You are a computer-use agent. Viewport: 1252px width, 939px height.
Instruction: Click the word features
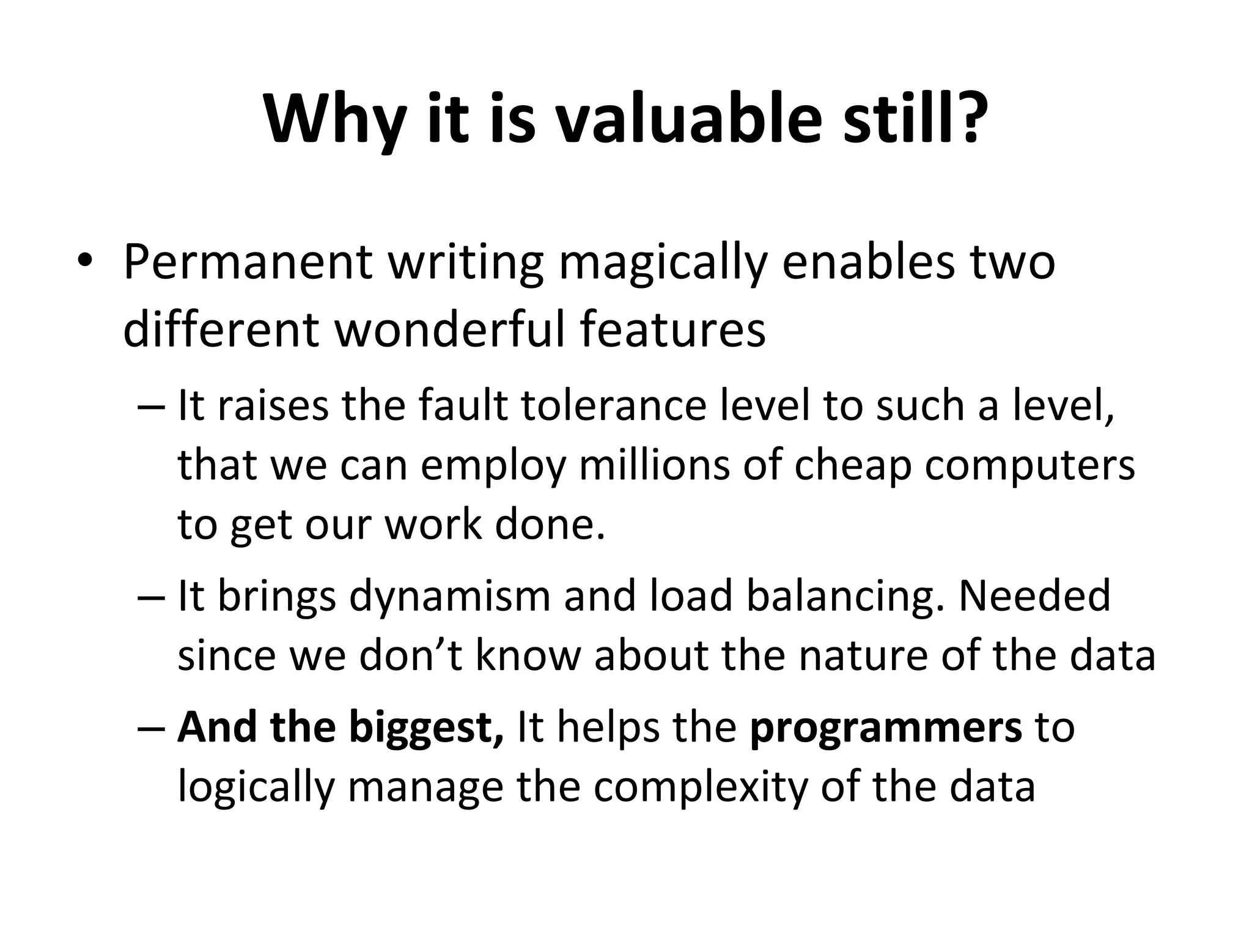(x=672, y=330)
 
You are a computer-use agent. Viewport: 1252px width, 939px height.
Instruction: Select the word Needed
(x=1034, y=595)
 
